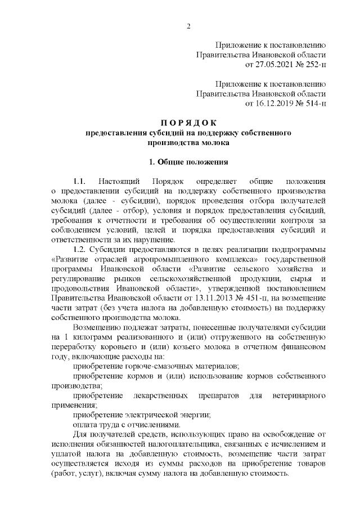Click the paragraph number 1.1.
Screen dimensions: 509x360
[79, 182]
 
